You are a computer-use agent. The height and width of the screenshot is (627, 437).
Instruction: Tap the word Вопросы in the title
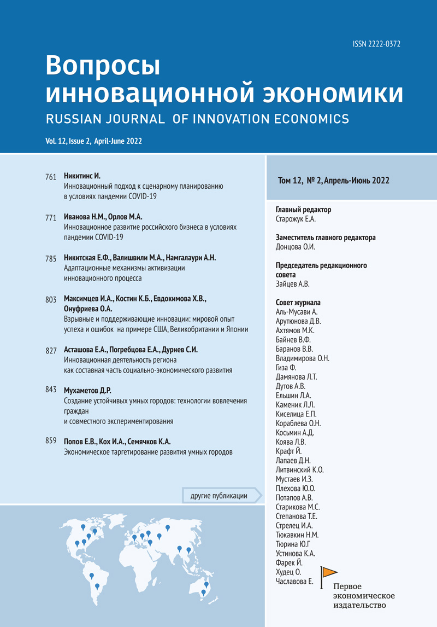(103, 67)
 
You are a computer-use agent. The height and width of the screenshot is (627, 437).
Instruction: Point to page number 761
(51, 177)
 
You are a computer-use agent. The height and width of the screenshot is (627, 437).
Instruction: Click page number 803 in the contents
(51, 300)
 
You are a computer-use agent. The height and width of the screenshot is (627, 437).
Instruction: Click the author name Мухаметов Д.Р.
(88, 390)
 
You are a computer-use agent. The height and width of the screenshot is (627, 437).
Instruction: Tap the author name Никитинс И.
(82, 176)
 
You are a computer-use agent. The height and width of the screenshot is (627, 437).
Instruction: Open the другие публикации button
(218, 496)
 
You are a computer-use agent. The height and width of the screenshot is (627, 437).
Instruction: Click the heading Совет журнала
(298, 303)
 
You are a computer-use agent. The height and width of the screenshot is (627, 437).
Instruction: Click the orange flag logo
(329, 572)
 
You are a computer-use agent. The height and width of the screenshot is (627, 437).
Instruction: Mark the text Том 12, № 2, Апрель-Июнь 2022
(334, 181)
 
